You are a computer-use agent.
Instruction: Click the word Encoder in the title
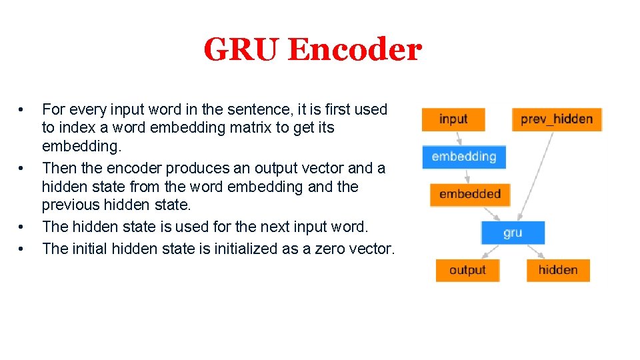point(355,49)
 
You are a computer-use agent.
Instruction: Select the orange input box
point(453,119)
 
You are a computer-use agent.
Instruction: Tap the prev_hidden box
point(557,119)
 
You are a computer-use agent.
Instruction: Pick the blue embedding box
point(464,157)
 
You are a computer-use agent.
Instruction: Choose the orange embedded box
point(470,194)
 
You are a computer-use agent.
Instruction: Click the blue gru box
point(513,233)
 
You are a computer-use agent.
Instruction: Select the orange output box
point(467,270)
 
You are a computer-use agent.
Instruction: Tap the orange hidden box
point(558,270)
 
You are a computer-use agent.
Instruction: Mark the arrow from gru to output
point(491,251)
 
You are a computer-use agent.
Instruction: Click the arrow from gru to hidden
point(535,251)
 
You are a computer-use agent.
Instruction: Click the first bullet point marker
point(22,109)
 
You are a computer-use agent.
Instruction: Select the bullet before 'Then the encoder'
point(22,168)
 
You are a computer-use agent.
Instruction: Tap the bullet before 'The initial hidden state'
point(22,249)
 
